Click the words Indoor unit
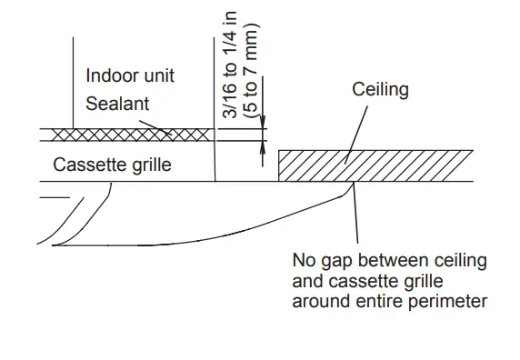click(130, 75)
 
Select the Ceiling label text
click(381, 90)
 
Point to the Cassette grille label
click(112, 165)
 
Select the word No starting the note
click(303, 261)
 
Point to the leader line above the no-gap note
click(356, 218)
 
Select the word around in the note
click(318, 299)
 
